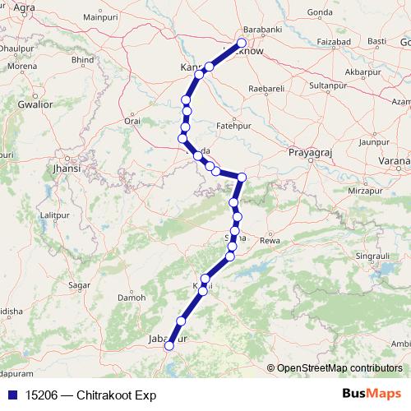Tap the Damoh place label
click(132, 297)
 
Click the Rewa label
click(270, 240)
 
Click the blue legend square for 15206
click(11, 395)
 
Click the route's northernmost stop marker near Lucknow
click(242, 44)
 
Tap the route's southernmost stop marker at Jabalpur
click(169, 346)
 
